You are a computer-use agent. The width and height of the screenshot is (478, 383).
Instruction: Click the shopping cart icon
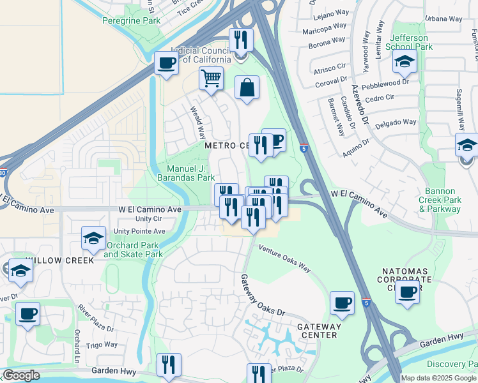pyautogui.click(x=211, y=79)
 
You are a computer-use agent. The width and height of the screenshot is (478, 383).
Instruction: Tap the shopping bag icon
pyautogui.click(x=247, y=87)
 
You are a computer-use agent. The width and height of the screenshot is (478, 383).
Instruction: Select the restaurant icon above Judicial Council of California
pyautogui.click(x=241, y=40)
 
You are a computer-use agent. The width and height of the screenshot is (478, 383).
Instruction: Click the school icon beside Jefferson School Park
pyautogui.click(x=405, y=63)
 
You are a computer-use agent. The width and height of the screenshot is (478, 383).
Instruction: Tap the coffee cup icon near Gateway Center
pyautogui.click(x=342, y=303)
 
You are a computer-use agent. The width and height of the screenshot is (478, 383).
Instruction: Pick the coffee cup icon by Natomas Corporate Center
pyautogui.click(x=407, y=293)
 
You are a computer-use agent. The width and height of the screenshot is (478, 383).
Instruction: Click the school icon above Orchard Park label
pyautogui.click(x=94, y=239)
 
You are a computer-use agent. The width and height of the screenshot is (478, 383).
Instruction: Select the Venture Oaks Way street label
pyautogui.click(x=284, y=257)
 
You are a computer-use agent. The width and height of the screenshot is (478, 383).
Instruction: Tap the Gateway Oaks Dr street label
pyautogui.click(x=262, y=294)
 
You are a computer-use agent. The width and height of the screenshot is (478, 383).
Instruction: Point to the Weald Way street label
pyautogui.click(x=197, y=123)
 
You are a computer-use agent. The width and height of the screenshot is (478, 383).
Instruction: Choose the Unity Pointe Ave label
pyautogui.click(x=139, y=231)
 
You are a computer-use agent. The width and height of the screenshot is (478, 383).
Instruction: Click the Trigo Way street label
pyautogui.click(x=102, y=344)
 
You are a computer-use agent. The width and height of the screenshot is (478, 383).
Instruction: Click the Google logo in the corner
pyautogui.click(x=21, y=375)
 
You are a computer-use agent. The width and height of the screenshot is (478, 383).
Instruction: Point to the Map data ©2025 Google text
pyautogui.click(x=438, y=377)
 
